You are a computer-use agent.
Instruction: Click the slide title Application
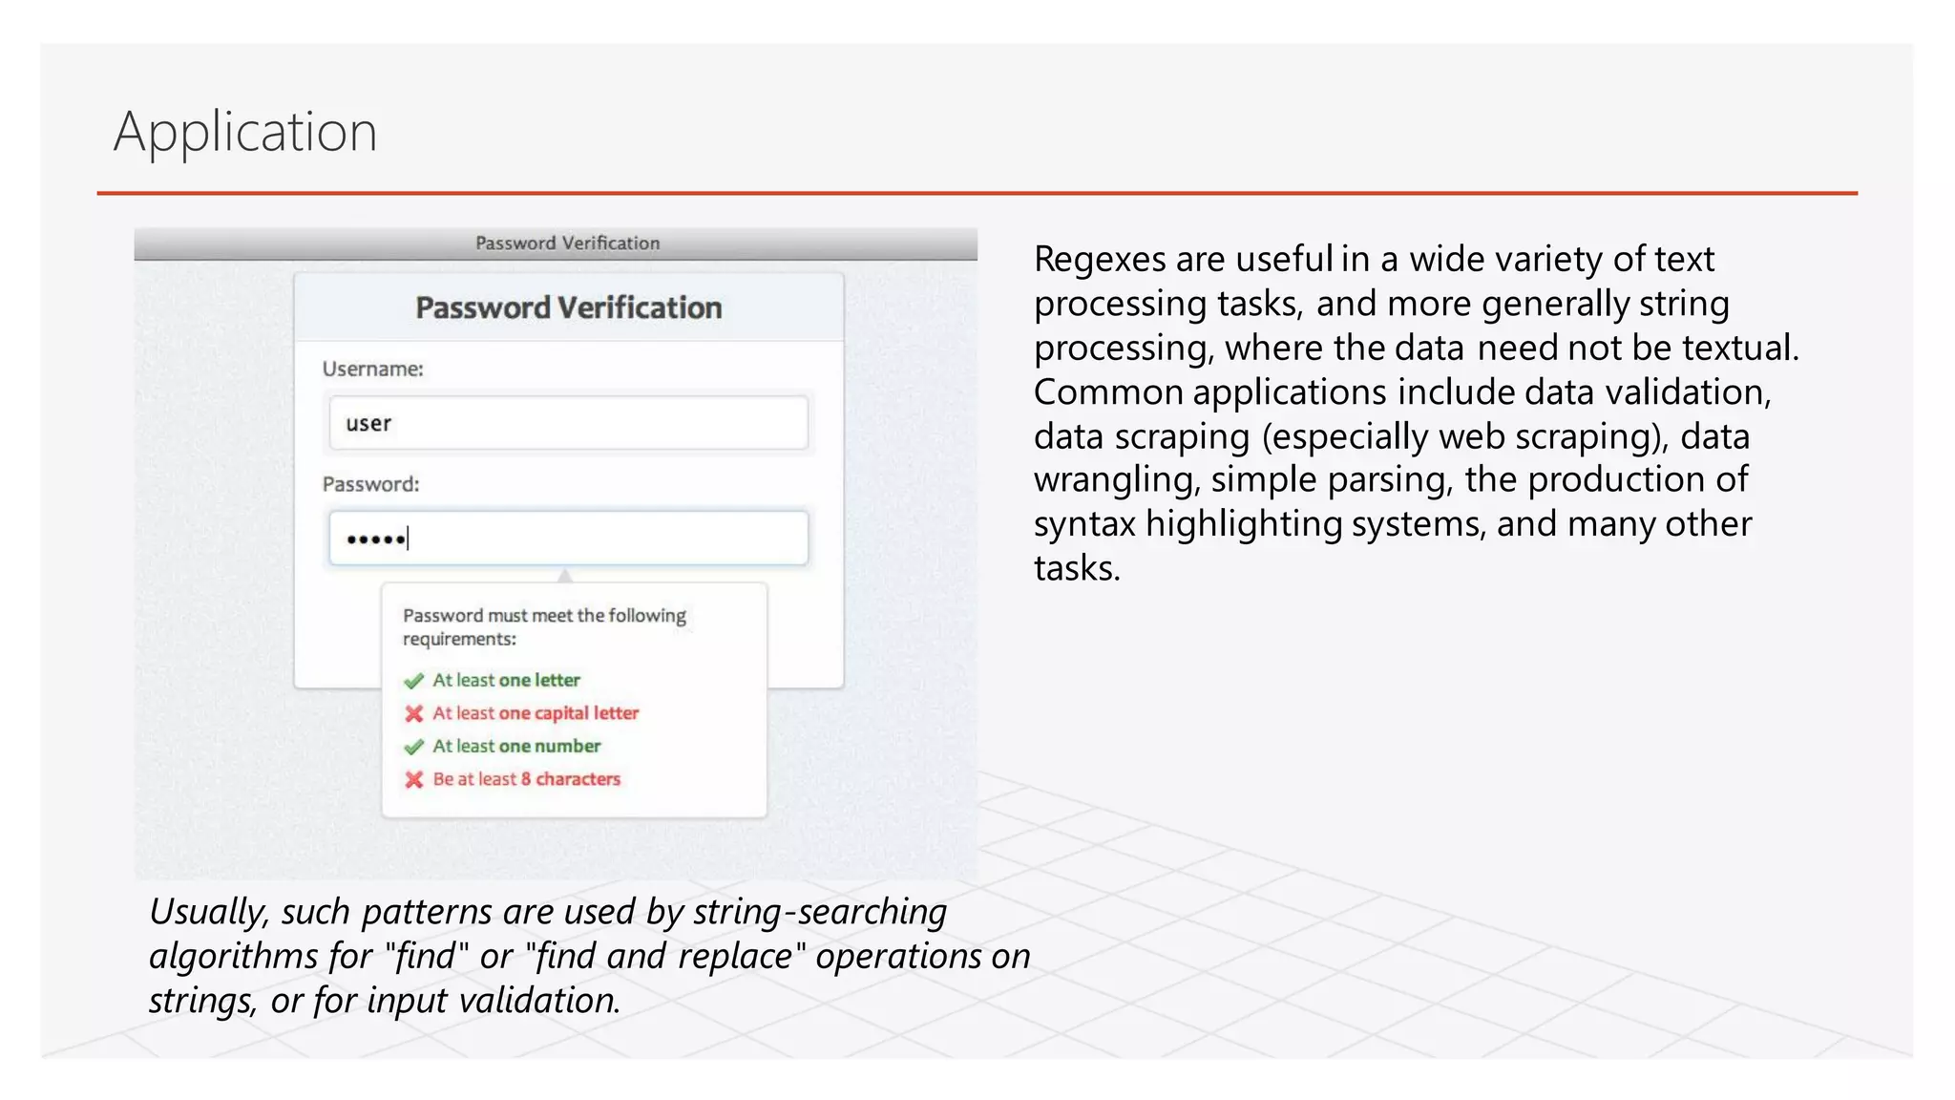(x=245, y=132)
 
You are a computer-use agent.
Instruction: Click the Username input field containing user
(x=568, y=423)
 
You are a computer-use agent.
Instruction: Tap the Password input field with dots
(x=568, y=539)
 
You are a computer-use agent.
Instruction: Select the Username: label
(x=372, y=370)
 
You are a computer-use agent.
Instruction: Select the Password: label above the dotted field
(x=370, y=484)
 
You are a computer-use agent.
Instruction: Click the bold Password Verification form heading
(x=568, y=308)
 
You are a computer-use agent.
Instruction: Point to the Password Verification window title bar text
(x=567, y=243)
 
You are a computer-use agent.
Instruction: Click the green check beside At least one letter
(x=413, y=681)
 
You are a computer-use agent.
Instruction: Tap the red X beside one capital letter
(x=413, y=714)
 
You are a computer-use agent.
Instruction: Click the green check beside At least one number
(x=413, y=747)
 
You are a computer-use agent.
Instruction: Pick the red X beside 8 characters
(x=413, y=780)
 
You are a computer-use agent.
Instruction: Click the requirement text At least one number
(x=516, y=747)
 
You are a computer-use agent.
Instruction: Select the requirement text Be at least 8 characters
(x=526, y=779)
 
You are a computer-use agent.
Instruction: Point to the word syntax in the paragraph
(x=1084, y=524)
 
